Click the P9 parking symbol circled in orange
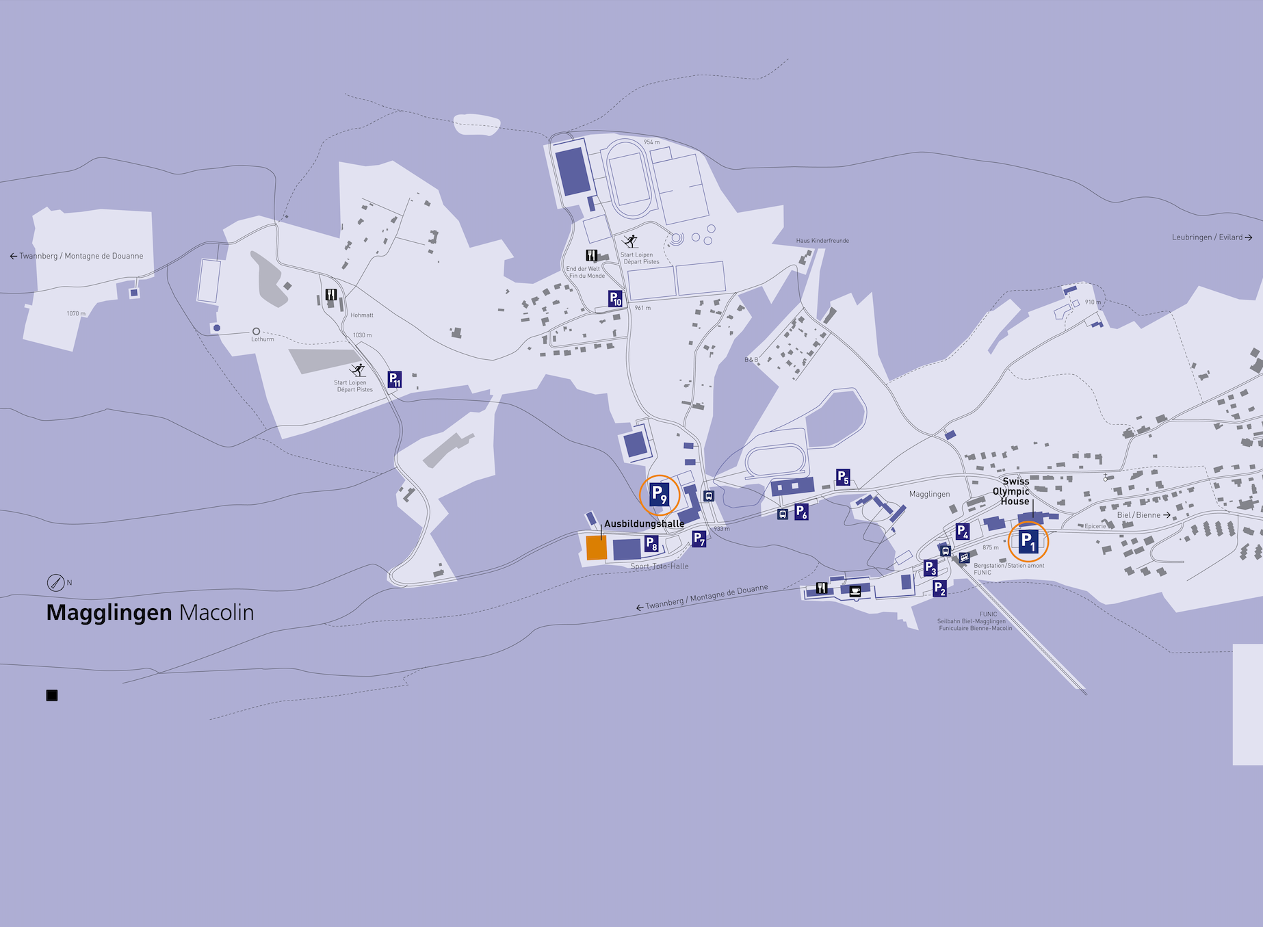tap(659, 495)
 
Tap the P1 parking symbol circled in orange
tap(1028, 541)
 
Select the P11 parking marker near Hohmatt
tap(395, 379)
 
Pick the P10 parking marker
tap(616, 298)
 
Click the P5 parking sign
tap(843, 477)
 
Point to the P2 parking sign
tap(940, 588)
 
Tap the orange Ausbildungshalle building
tap(597, 547)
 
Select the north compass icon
tap(55, 582)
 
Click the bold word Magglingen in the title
tap(109, 612)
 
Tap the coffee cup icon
tap(855, 591)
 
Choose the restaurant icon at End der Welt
tap(592, 255)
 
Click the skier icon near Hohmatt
tap(358, 370)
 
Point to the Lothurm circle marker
tap(256, 331)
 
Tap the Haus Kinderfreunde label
tap(822, 241)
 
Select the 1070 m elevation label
tap(76, 313)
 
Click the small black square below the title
tap(52, 695)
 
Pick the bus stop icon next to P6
tap(783, 514)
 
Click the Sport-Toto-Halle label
tap(660, 566)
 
